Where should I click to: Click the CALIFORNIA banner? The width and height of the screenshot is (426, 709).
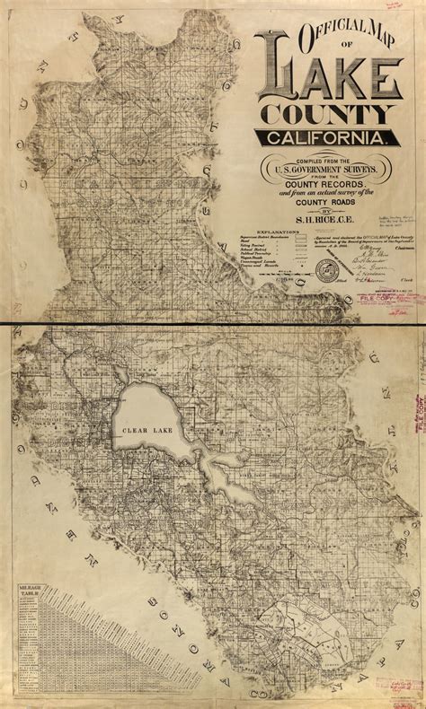pos(327,138)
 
